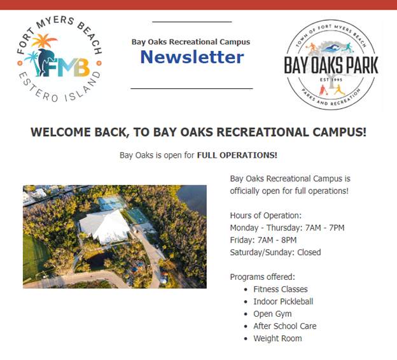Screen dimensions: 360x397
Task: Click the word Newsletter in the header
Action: (x=192, y=58)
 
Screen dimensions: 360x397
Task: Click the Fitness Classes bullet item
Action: (x=280, y=289)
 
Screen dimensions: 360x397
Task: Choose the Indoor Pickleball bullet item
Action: (x=283, y=301)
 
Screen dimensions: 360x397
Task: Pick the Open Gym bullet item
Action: (x=272, y=314)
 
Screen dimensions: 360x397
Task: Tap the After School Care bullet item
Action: (x=284, y=326)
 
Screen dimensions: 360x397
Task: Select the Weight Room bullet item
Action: (x=277, y=338)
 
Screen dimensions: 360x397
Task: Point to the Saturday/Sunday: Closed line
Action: (x=275, y=253)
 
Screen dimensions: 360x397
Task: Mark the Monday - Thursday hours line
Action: (x=287, y=228)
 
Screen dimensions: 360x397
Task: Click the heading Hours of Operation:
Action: (x=265, y=216)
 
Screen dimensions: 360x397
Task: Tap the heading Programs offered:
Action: (x=262, y=277)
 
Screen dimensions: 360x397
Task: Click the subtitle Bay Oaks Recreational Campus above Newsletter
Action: (x=191, y=42)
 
